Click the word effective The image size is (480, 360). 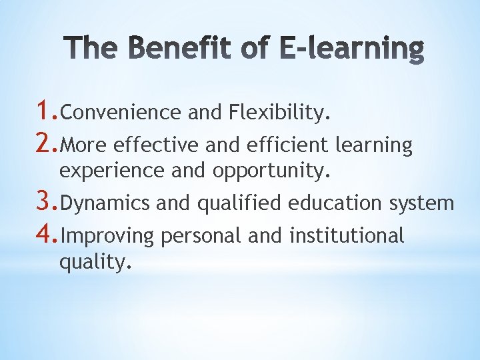[x=157, y=145]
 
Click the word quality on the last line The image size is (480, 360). [x=91, y=263]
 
